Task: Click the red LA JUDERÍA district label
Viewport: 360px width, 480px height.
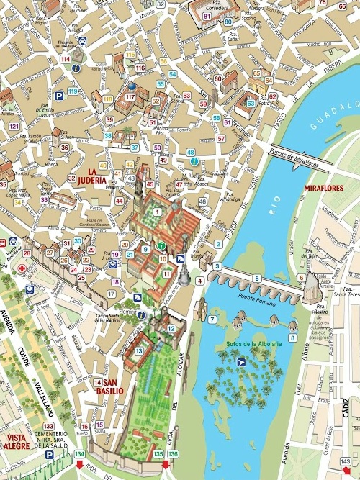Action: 91,175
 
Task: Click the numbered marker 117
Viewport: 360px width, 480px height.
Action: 130,96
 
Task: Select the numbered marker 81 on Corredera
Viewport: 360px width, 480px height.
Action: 207,15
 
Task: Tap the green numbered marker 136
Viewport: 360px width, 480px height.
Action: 173,454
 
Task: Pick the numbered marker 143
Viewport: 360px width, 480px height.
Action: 346,461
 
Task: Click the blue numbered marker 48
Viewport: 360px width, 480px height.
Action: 191,153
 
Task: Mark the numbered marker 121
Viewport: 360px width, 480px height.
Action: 14,126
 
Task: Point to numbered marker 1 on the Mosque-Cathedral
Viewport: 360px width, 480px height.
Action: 157,211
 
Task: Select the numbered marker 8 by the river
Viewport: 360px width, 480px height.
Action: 293,337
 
